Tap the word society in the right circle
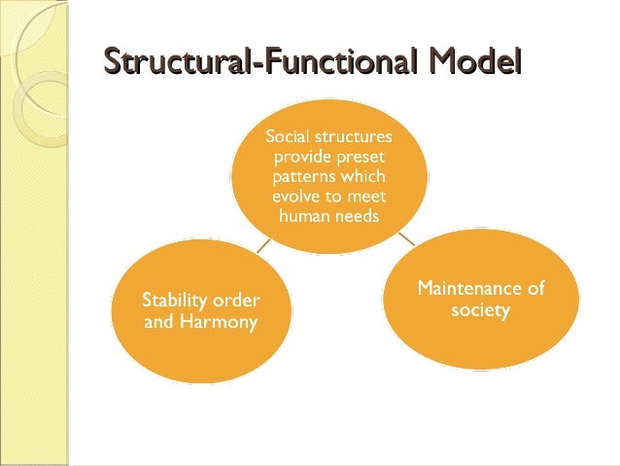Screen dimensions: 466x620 [x=482, y=309]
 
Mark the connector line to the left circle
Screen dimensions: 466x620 [x=263, y=247]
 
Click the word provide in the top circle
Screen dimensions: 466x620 [x=305, y=157]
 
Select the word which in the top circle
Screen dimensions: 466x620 [x=363, y=177]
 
